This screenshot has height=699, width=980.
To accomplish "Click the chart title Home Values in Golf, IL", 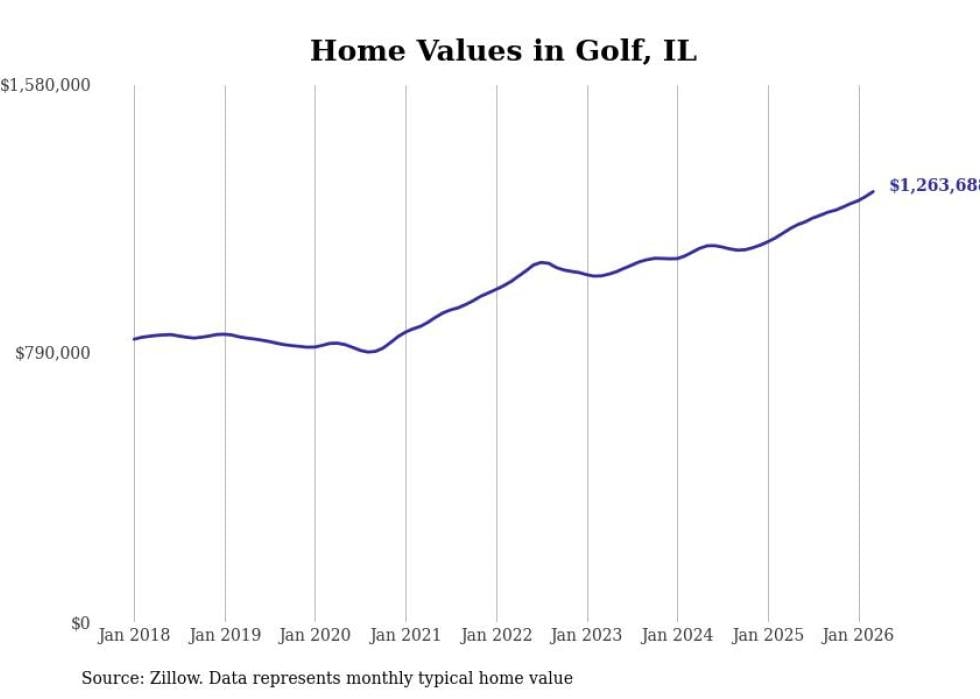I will (503, 51).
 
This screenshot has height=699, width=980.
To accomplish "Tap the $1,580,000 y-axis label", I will (45, 86).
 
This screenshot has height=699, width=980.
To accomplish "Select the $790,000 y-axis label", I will (52, 353).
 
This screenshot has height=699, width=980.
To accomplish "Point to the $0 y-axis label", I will (80, 623).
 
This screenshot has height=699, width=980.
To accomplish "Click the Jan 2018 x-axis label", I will (134, 635).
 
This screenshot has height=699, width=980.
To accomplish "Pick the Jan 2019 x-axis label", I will (225, 635).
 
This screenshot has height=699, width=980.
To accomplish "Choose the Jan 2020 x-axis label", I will (315, 635).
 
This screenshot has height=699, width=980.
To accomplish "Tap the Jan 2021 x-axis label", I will (406, 635).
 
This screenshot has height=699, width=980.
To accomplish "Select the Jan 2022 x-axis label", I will (497, 635).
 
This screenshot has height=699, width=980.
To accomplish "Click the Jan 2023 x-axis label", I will (587, 635).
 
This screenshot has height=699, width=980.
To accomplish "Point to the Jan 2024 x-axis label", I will (677, 635).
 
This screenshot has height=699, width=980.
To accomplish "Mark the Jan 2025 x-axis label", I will (768, 635).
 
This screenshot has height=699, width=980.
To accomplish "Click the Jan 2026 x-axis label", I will (858, 635).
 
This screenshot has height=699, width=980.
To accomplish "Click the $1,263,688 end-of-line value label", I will (933, 186).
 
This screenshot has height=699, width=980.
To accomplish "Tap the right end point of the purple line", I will (873, 191).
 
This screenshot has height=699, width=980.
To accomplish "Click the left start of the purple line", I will (134, 339).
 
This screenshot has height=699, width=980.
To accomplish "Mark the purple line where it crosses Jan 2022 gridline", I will (497, 288).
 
